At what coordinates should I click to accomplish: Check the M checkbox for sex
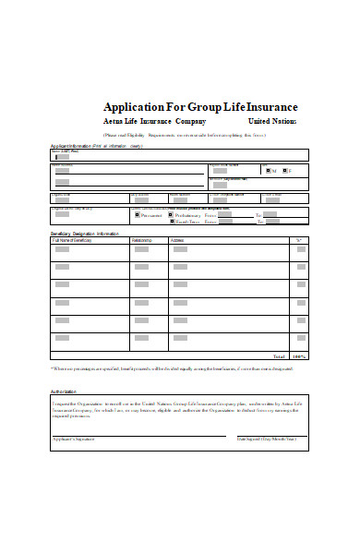click(269, 171)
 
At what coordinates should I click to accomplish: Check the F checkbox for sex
click(284, 171)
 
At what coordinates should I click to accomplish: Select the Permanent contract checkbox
click(138, 214)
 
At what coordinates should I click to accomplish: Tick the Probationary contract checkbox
click(170, 214)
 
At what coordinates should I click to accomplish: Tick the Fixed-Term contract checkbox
click(170, 223)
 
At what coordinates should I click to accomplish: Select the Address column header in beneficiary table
click(203, 240)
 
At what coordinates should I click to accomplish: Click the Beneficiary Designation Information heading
click(84, 234)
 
